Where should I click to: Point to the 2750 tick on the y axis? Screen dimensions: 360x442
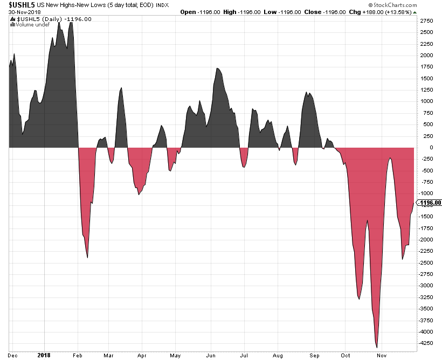click(x=426, y=20)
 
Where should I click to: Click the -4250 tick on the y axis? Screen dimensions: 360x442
click(x=427, y=342)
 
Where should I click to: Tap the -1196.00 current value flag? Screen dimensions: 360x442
click(x=430, y=203)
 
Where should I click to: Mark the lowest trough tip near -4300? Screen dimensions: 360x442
click(x=377, y=347)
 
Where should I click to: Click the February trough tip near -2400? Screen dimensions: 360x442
click(x=87, y=258)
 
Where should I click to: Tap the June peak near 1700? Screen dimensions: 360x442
click(x=217, y=68)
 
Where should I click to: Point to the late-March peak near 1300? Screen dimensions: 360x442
click(x=121, y=87)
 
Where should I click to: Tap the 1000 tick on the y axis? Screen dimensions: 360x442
click(x=426, y=101)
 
